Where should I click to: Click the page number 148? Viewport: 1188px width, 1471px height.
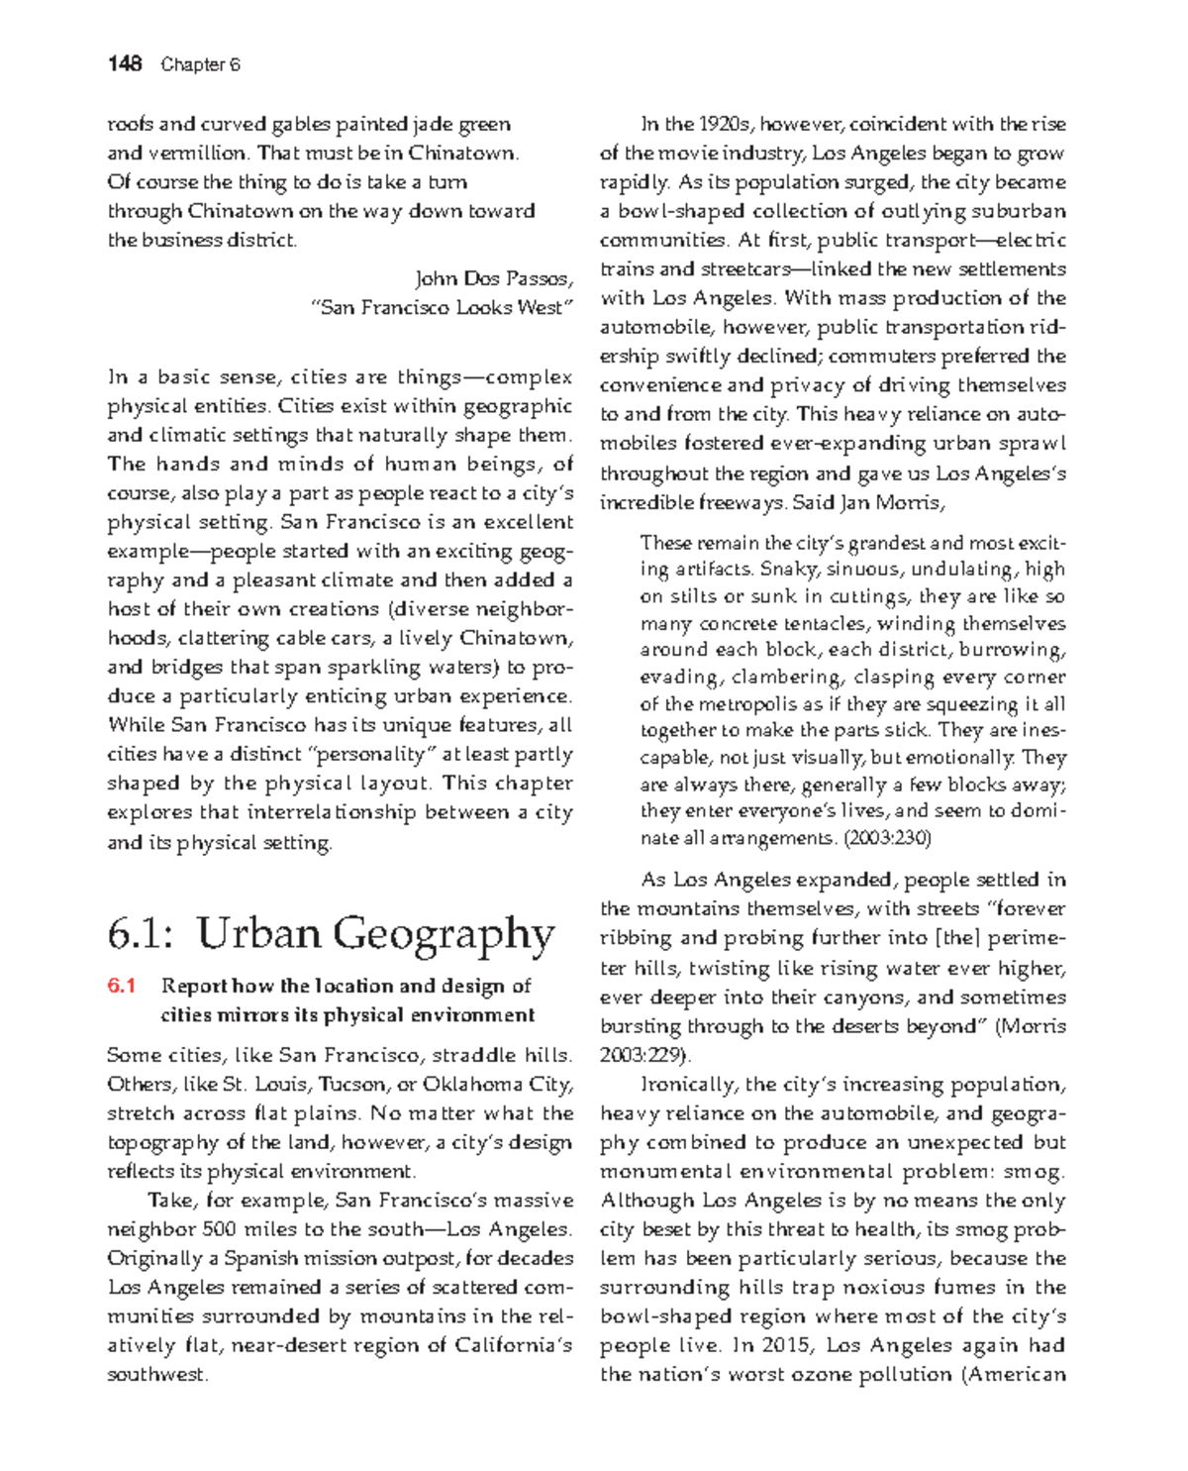click(x=125, y=64)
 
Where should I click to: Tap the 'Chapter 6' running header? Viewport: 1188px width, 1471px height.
click(x=201, y=65)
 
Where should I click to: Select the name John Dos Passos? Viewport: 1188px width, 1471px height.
click(x=493, y=278)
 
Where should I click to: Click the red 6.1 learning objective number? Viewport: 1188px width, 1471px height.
click(x=121, y=986)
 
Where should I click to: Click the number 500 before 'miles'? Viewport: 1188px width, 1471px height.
click(x=219, y=1229)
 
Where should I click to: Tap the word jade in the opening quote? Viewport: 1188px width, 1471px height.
click(x=433, y=124)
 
